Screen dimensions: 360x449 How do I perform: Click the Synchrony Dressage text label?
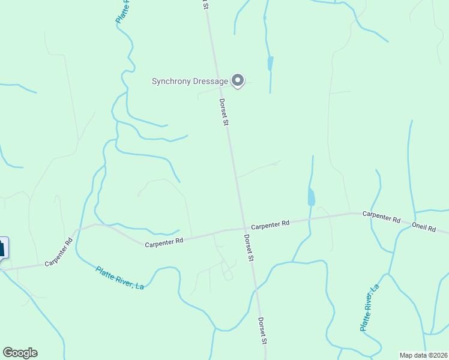(190, 81)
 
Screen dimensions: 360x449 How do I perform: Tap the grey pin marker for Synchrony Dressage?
(238, 80)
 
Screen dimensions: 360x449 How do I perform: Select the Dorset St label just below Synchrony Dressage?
(223, 112)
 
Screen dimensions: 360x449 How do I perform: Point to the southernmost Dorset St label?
(263, 331)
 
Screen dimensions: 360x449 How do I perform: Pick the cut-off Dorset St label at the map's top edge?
(205, 4)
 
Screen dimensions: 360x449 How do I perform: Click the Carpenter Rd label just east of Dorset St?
(270, 224)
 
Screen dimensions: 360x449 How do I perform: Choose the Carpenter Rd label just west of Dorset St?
(164, 241)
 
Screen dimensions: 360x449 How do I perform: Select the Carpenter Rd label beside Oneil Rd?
(381, 217)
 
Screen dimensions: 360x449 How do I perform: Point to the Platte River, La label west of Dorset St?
(120, 278)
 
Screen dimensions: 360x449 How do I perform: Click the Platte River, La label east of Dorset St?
(369, 308)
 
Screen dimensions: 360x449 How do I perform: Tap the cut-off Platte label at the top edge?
(122, 11)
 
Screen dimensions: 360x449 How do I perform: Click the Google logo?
(20, 353)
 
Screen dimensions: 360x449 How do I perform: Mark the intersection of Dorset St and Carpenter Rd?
(244, 228)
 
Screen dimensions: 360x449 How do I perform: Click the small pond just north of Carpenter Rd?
(311, 196)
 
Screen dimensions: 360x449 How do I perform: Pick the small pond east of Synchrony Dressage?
(270, 64)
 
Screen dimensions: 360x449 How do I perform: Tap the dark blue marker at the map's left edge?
(3, 248)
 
